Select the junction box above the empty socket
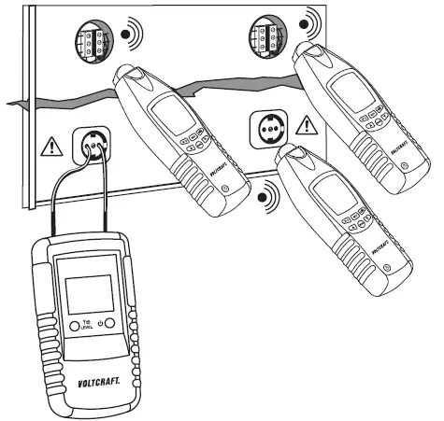point(262,37)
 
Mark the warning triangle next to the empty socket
point(304,125)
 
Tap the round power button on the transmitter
point(110,323)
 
